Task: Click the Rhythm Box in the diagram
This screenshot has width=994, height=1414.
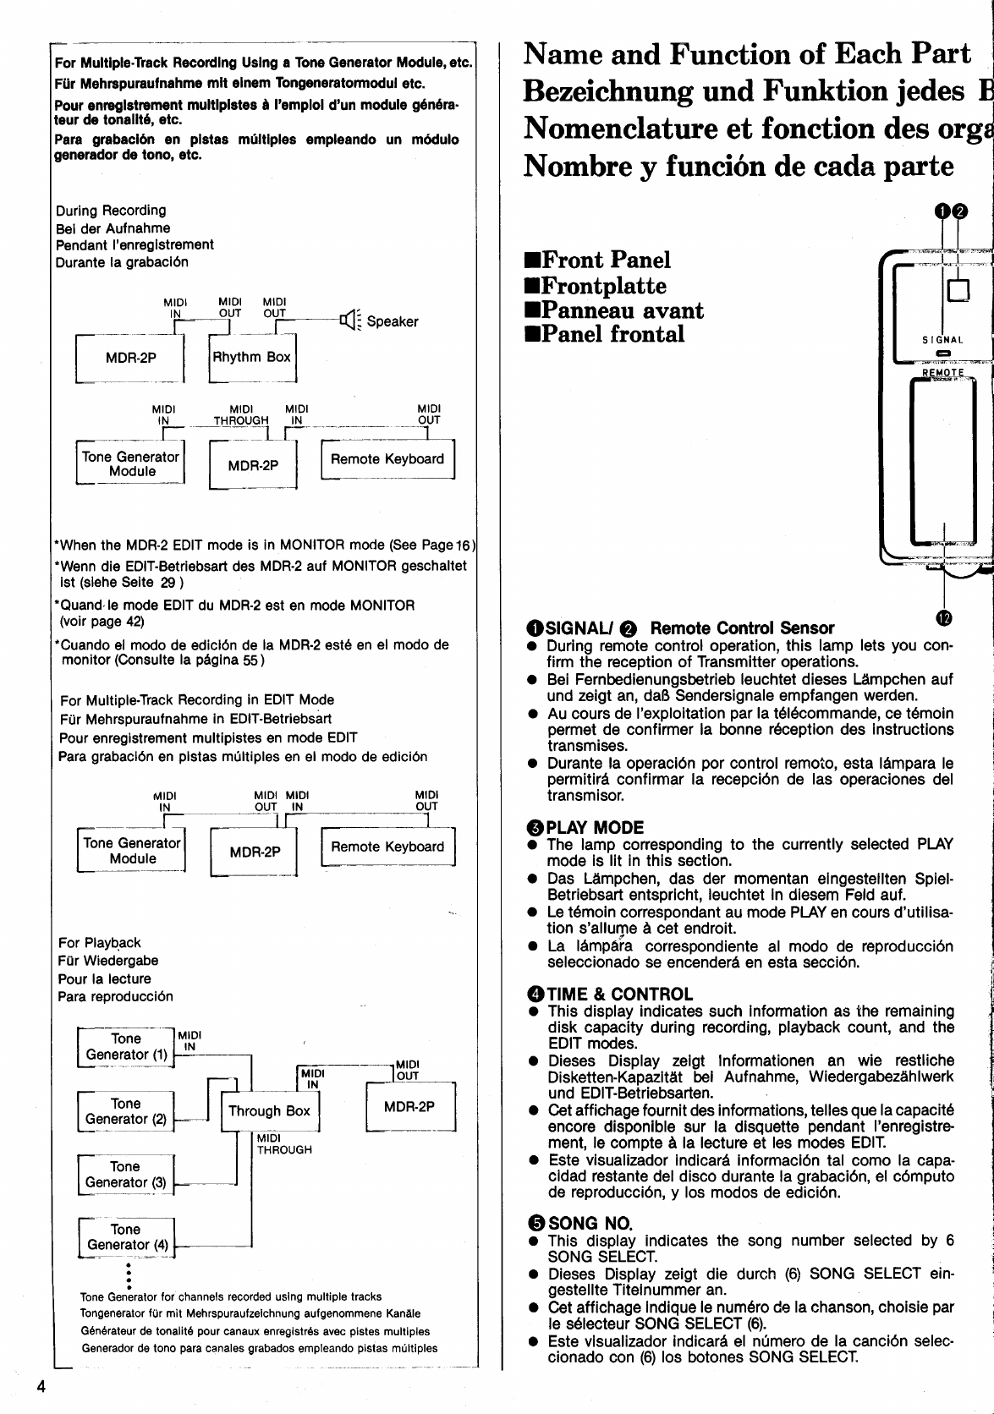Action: coord(252,358)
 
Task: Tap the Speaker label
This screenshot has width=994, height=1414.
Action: coord(393,322)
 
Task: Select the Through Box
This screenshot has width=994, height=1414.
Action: coord(269,1111)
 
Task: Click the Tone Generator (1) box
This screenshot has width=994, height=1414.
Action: coord(126,1047)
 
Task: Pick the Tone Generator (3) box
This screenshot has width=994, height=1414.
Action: coord(125,1175)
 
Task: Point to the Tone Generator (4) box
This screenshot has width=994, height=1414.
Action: coord(125,1237)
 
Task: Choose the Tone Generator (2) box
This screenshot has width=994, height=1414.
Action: coord(125,1111)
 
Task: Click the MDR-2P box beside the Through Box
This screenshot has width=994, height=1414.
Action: coord(409,1106)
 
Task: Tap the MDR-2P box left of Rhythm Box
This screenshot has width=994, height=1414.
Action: coord(130,358)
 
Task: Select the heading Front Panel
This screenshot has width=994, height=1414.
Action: coord(597,260)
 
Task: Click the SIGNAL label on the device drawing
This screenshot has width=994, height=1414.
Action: coord(942,340)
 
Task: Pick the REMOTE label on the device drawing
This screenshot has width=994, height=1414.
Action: coord(942,373)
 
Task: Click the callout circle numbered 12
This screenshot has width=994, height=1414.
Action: coord(944,618)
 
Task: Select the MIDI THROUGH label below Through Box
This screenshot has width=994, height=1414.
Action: coord(284,1144)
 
